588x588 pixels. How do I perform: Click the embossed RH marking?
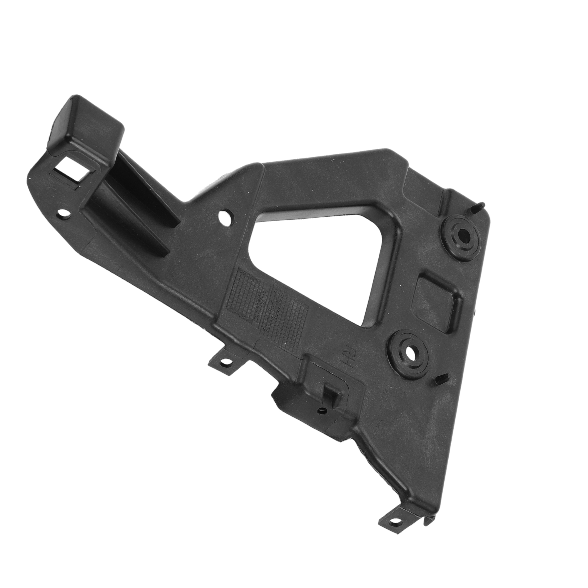[x=347, y=357]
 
